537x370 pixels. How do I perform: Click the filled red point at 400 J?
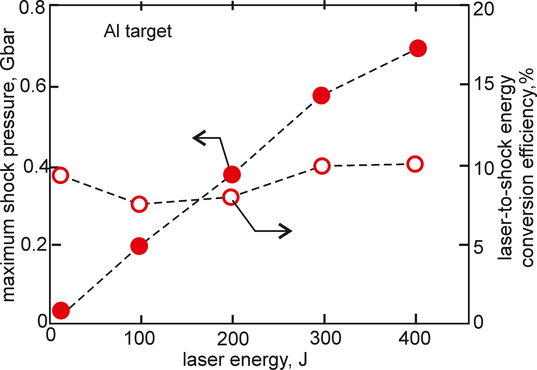click(x=418, y=48)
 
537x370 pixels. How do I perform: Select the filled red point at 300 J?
click(x=321, y=95)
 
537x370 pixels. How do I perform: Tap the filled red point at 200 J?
click(x=232, y=175)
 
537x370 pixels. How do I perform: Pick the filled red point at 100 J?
click(x=139, y=246)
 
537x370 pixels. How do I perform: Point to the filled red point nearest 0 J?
click(x=61, y=310)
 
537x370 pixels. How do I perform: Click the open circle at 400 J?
click(x=415, y=164)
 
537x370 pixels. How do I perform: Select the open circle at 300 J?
click(x=322, y=166)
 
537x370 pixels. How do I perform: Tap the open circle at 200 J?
click(x=231, y=197)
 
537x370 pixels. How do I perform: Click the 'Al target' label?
click(x=138, y=31)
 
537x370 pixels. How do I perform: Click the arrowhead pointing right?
click(x=286, y=231)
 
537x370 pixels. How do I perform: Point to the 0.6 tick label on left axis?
click(x=31, y=86)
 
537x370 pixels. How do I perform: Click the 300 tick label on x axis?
click(x=325, y=339)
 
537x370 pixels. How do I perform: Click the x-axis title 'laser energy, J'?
click(x=245, y=360)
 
